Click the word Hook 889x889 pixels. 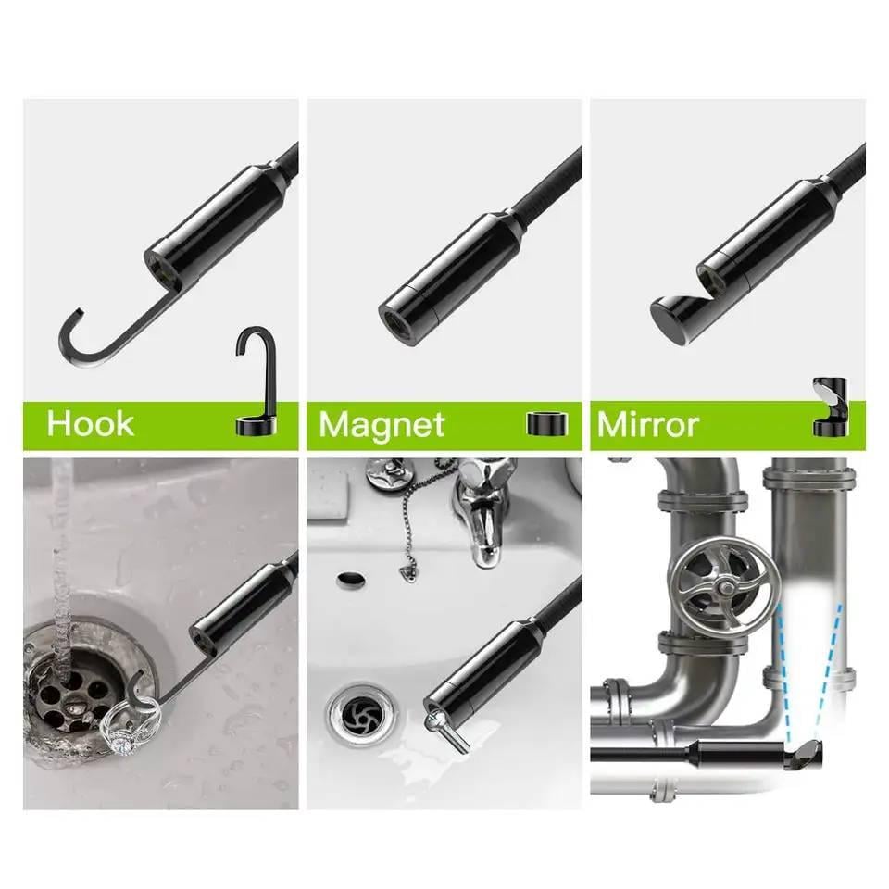point(91,423)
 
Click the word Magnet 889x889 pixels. point(382,425)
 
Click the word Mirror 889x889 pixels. point(648,425)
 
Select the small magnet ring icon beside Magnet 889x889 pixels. point(547,424)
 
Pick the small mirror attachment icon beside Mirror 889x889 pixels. point(831,407)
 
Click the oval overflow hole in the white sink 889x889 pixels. point(351,580)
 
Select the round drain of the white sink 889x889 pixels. point(360,714)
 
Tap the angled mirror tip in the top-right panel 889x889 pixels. point(672,320)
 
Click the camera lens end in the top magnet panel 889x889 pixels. point(398,325)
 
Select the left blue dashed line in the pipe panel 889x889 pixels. point(783,673)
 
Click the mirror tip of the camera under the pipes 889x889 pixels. point(804,754)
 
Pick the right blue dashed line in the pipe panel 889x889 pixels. point(828,673)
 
